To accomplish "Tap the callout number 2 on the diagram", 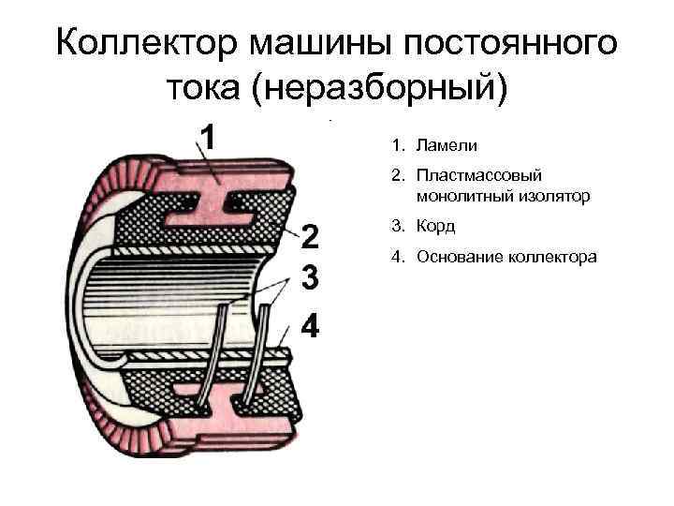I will [x=310, y=236].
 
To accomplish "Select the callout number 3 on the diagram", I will [x=310, y=279].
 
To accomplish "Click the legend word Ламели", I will [x=447, y=146].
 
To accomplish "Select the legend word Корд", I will [x=436, y=226].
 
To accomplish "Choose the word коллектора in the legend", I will [x=552, y=255].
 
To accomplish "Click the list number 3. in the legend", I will [x=398, y=226].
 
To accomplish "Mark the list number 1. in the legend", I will [x=398, y=146].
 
